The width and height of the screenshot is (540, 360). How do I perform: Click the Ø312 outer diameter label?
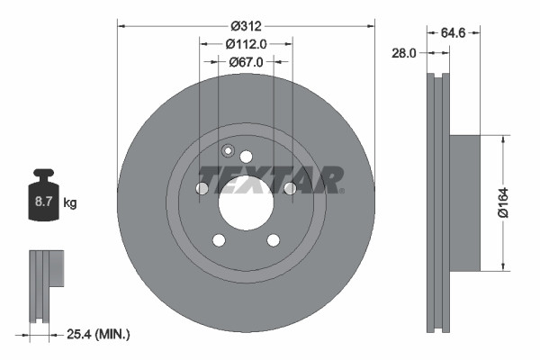point(246,25)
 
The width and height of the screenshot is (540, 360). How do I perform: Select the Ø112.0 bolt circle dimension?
point(246,43)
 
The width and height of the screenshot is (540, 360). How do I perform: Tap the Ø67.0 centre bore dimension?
point(246,61)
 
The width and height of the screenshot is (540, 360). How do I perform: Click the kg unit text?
point(71,203)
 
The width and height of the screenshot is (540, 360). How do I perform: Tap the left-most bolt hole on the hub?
point(202,188)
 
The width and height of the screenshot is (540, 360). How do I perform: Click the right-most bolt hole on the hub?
point(290,188)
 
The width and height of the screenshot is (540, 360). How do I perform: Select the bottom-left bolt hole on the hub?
point(219,239)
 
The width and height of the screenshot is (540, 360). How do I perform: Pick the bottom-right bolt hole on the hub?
point(273,239)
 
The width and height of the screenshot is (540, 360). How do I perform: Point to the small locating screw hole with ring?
point(228,150)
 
